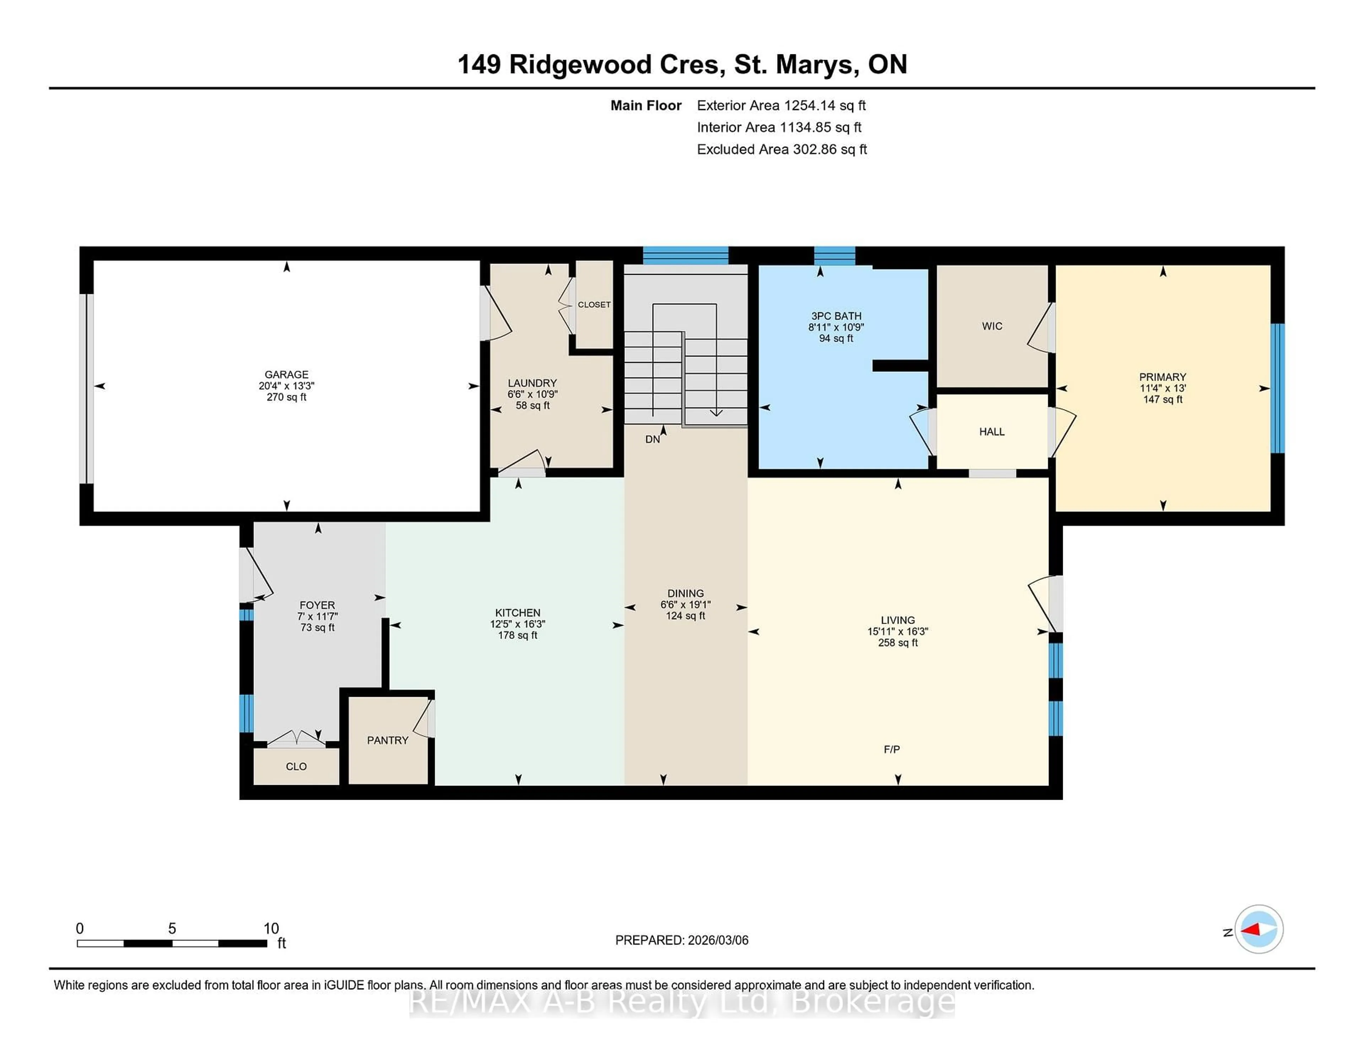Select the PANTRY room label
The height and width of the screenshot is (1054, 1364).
387,740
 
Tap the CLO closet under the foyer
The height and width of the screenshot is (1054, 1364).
296,766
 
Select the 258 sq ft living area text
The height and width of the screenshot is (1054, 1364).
898,642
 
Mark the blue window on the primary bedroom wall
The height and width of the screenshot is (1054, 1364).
1278,388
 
